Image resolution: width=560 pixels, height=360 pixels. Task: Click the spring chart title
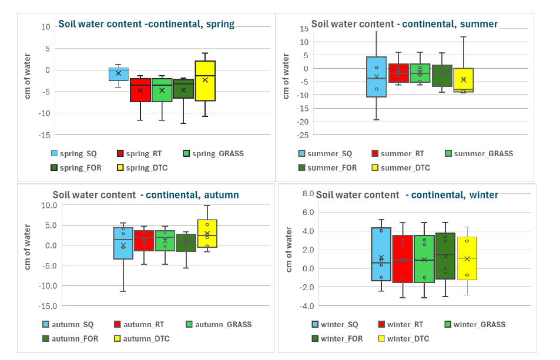(x=146, y=24)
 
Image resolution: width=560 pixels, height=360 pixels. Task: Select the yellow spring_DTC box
(x=205, y=80)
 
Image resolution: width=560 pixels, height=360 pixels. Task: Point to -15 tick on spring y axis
(x=44, y=135)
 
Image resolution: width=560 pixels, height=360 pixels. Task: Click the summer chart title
(x=404, y=24)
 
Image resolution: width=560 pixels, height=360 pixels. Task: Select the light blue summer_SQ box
(x=376, y=76)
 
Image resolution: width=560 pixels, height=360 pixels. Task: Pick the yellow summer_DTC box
(x=463, y=80)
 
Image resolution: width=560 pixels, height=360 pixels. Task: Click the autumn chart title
(x=146, y=195)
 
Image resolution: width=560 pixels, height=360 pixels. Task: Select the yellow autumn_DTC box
(x=207, y=233)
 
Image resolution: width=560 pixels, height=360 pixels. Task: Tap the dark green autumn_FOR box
(x=186, y=243)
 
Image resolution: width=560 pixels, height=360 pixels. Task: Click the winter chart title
(x=407, y=195)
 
